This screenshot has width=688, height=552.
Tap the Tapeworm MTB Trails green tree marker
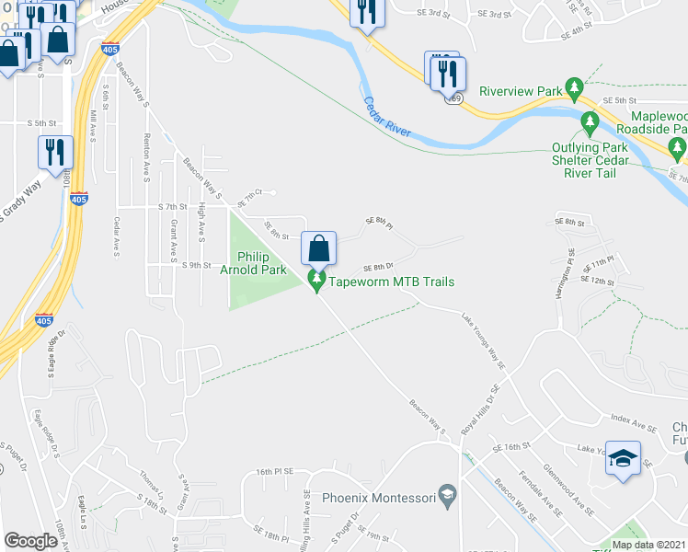coord(317,281)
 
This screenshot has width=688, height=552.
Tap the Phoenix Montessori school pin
coord(447,497)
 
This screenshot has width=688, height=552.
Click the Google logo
coord(30,541)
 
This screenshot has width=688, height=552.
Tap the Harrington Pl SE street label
coord(569,263)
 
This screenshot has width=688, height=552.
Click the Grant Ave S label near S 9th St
coord(172,242)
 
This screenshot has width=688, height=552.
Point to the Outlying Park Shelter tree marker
coord(591,121)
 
